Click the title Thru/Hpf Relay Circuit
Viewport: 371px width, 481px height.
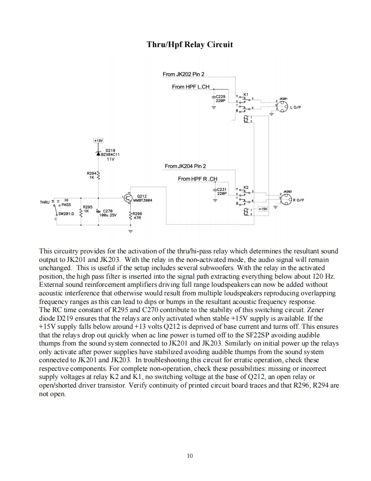(190, 44)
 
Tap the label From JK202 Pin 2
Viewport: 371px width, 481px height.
(183, 75)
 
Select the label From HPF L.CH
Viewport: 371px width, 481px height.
(191, 87)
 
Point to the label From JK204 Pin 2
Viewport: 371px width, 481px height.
(185, 166)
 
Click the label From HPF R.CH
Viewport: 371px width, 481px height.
(197, 179)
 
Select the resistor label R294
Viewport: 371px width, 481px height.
(91, 173)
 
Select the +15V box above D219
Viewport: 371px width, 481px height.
(99, 140)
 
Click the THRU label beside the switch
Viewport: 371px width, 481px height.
(45, 202)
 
